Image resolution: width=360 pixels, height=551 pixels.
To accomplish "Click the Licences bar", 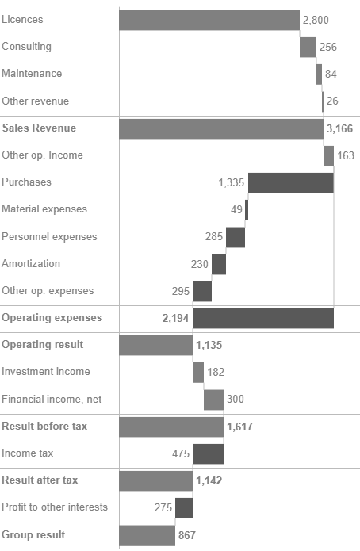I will (x=209, y=20).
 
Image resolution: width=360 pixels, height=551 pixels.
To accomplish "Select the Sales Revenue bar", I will (x=221, y=128).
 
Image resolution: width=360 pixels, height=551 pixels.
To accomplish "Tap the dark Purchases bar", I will (x=290, y=183).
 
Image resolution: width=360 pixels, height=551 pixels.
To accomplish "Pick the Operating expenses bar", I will (x=262, y=318).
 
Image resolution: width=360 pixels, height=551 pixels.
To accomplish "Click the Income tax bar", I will (x=208, y=453).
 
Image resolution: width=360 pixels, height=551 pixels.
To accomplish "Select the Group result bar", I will (x=147, y=535).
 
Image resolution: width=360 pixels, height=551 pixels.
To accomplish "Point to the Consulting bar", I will (x=308, y=47).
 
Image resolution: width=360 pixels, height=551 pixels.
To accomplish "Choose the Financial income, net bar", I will (x=213, y=400).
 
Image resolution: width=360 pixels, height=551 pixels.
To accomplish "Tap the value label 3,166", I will (x=340, y=128).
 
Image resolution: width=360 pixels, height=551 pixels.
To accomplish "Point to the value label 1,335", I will (x=232, y=183).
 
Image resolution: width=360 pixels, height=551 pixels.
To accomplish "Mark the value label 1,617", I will (x=240, y=427).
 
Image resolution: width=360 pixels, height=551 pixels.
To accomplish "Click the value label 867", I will (x=186, y=535).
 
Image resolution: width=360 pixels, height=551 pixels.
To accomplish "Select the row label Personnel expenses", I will (x=49, y=236).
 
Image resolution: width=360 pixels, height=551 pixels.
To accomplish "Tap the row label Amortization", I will (x=31, y=263).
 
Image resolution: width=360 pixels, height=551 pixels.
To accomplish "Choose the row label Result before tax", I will (x=44, y=427).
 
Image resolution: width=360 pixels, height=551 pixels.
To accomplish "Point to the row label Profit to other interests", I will (x=54, y=507).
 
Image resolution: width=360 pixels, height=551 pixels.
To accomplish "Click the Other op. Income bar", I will (x=328, y=155).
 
